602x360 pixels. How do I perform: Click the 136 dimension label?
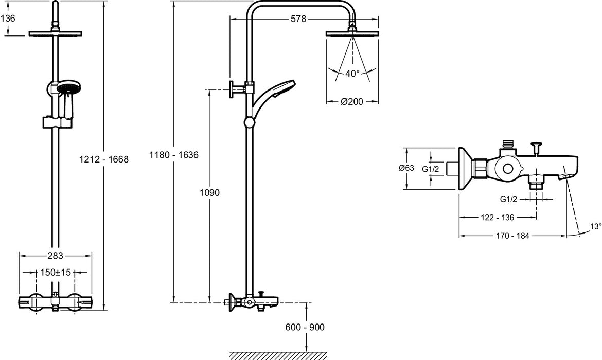8,18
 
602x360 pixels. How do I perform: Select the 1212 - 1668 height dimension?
103,159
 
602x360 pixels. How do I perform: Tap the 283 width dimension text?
55,256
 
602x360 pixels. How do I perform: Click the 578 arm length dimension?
298,19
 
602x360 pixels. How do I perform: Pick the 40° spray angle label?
352,74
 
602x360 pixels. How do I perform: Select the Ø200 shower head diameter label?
352,101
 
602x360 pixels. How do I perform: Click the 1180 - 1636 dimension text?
174,154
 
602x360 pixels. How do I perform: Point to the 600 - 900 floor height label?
307,327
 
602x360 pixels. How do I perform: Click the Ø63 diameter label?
406,168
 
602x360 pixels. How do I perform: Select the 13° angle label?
595,226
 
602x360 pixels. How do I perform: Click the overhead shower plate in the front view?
55,34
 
